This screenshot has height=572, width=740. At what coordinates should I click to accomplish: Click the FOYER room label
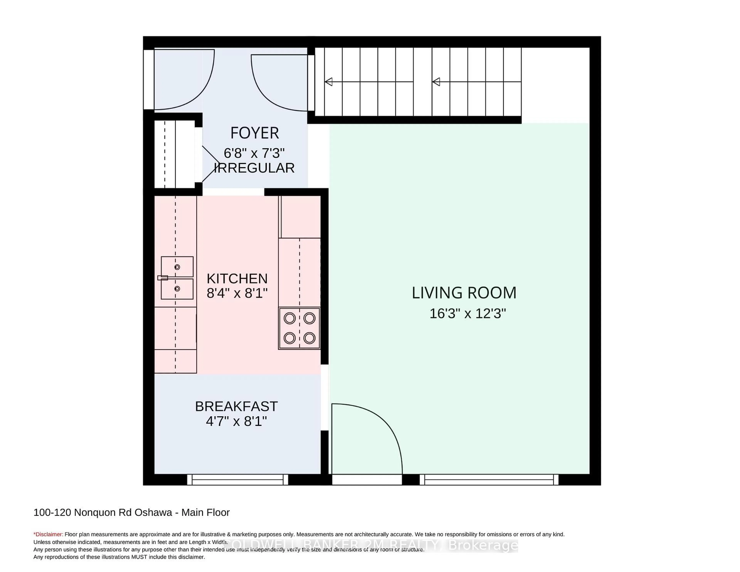click(x=254, y=133)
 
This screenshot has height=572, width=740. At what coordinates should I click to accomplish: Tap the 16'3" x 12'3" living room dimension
click(x=467, y=314)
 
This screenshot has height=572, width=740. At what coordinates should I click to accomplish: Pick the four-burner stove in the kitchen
click(x=299, y=328)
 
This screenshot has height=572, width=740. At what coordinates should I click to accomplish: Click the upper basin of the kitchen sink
click(x=177, y=267)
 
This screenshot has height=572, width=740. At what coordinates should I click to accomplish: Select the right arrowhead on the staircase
click(x=436, y=82)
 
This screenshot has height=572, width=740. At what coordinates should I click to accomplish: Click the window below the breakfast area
click(x=237, y=479)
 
